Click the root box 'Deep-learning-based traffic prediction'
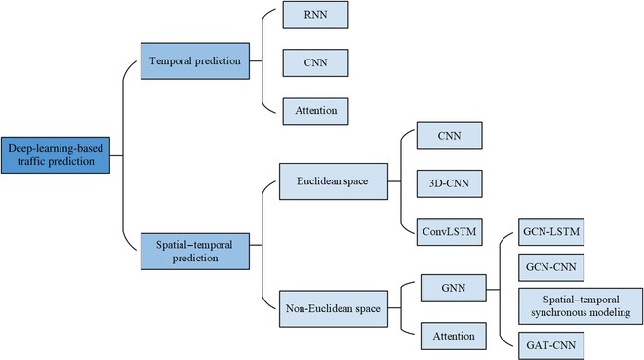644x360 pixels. (56, 155)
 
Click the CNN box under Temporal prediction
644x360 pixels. (314, 61)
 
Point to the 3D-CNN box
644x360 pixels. (446, 184)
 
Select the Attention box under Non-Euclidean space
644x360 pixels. (452, 337)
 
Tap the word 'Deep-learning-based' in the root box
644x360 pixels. (56, 148)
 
